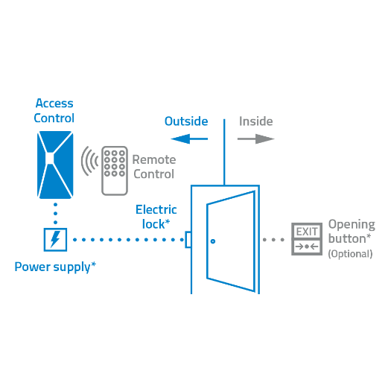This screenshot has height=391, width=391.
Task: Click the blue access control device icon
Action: pos(55,164)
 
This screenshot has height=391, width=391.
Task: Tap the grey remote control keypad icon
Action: pos(114,170)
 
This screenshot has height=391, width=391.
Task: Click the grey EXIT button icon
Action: pos(307,239)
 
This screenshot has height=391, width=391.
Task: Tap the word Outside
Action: pos(185,121)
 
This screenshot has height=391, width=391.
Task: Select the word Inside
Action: pos(255,121)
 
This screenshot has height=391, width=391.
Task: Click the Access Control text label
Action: pos(54,111)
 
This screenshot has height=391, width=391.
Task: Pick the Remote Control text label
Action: pos(154,167)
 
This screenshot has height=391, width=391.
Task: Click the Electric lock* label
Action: pos(156,216)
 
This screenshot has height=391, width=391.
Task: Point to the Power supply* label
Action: pos(55,266)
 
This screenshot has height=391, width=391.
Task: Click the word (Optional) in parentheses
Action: pos(350,254)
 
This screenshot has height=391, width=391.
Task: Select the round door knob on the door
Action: pos(212,241)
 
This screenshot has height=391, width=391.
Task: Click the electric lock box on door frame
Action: pos(188,240)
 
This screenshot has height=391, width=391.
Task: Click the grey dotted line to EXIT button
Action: pos(274,240)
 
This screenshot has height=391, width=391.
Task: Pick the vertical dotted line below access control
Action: pos(55,212)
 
